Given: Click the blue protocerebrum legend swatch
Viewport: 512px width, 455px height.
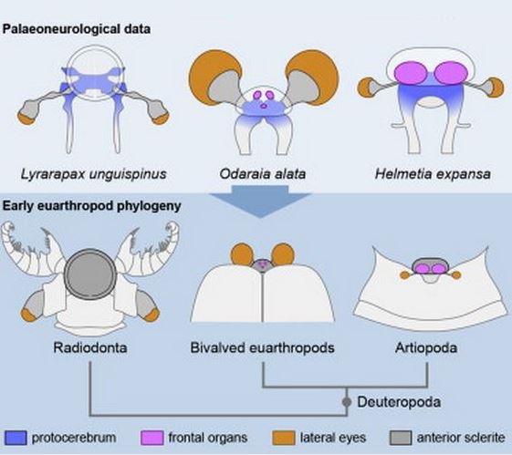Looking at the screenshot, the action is pyautogui.click(x=16, y=438).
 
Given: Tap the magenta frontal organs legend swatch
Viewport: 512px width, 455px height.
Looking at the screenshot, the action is pyautogui.click(x=152, y=438).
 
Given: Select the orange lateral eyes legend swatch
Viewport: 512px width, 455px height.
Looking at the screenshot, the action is pyautogui.click(x=284, y=438).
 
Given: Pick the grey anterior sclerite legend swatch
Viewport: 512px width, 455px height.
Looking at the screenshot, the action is pyautogui.click(x=401, y=438).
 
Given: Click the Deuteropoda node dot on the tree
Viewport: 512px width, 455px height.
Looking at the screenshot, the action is pyautogui.click(x=347, y=402).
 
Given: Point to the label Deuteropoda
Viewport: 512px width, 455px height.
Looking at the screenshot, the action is pyautogui.click(x=399, y=402).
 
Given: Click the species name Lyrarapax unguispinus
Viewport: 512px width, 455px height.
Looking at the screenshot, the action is pyautogui.click(x=94, y=174).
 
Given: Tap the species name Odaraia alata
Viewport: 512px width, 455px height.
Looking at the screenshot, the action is pyautogui.click(x=263, y=173).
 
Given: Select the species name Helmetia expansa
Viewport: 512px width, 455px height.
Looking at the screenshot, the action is pyautogui.click(x=433, y=174).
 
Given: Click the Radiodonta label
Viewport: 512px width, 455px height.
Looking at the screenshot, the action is pyautogui.click(x=90, y=347).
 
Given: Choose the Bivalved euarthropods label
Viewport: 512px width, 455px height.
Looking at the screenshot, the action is pyautogui.click(x=263, y=347).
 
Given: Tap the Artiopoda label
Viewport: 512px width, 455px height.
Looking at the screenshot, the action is pyautogui.click(x=426, y=347).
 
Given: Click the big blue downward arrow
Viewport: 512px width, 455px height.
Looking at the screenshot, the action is pyautogui.click(x=260, y=202).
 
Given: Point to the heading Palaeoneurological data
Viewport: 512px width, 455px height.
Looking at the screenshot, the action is pyautogui.click(x=77, y=29).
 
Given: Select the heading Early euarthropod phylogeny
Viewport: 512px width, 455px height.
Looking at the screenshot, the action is pyautogui.click(x=92, y=206).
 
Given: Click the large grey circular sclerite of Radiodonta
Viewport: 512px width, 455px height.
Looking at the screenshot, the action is pyautogui.click(x=90, y=274).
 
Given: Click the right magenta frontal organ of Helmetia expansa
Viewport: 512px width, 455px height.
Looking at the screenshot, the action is pyautogui.click(x=452, y=73).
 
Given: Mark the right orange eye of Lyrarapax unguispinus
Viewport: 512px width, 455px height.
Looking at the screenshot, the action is pyautogui.click(x=161, y=119).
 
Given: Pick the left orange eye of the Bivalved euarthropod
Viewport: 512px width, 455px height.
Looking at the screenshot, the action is pyautogui.click(x=242, y=254).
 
